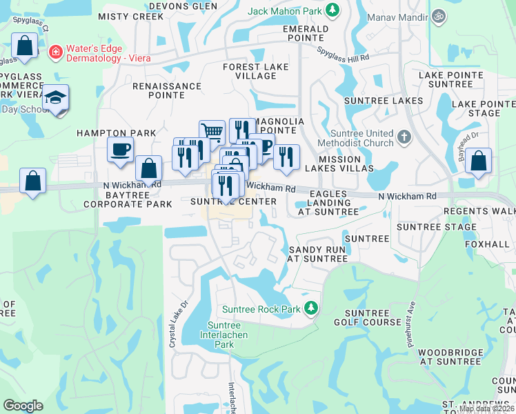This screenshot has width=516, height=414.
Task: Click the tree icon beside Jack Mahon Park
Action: [x=333, y=10]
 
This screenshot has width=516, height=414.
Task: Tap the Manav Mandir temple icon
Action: [x=437, y=15]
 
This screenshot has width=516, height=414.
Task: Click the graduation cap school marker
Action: [x=55, y=98]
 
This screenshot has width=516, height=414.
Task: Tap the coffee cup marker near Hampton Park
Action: [x=121, y=150]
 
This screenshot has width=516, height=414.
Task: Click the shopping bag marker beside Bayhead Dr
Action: [x=478, y=161]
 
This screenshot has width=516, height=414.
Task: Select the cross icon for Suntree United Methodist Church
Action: [x=404, y=137]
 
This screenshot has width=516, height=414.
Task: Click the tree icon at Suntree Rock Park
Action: [x=311, y=308]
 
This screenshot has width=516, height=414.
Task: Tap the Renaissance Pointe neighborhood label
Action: [x=167, y=91]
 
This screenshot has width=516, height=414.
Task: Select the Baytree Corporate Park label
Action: [x=128, y=199]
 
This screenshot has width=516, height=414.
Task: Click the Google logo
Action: [x=23, y=405]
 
